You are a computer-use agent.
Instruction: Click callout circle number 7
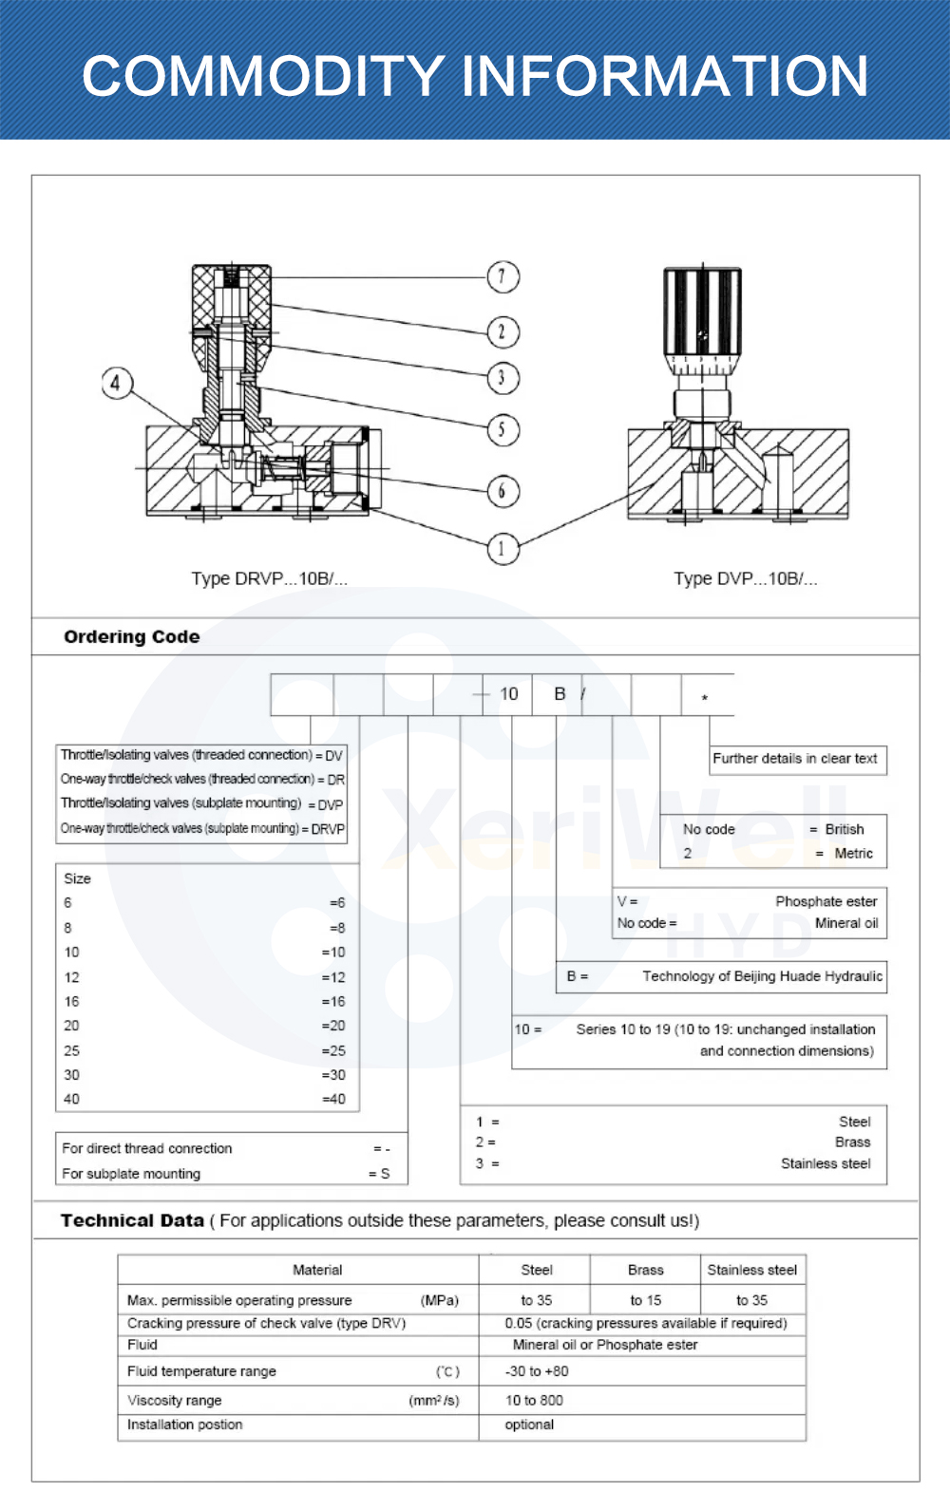pyautogui.click(x=503, y=277)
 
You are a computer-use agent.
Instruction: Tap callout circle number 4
pyautogui.click(x=116, y=384)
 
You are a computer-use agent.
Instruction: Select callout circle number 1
pyautogui.click(x=503, y=548)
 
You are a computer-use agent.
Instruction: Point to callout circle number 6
pyautogui.click(x=503, y=491)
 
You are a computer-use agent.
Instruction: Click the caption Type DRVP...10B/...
pyautogui.click(x=269, y=578)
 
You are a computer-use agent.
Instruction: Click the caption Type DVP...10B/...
pyautogui.click(x=745, y=578)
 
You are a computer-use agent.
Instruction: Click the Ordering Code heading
pyautogui.click(x=131, y=636)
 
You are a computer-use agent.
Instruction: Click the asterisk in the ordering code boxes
pyautogui.click(x=705, y=698)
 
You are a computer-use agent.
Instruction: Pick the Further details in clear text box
pyautogui.click(x=795, y=759)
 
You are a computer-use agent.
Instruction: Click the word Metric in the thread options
pyautogui.click(x=853, y=854)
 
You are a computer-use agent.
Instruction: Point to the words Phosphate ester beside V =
pyautogui.click(x=826, y=901)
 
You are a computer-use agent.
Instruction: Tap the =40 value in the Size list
pyautogui.click(x=333, y=1099)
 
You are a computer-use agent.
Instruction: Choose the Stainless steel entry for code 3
pyautogui.click(x=826, y=1163)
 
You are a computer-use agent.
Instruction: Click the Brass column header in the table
pyautogui.click(x=646, y=1270)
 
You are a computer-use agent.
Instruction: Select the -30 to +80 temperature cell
pyautogui.click(x=537, y=1371)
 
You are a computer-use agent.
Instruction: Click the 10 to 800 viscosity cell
pyautogui.click(x=534, y=1400)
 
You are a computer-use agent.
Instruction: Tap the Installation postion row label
pyautogui.click(x=185, y=1425)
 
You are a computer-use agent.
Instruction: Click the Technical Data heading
pyautogui.click(x=132, y=1220)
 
